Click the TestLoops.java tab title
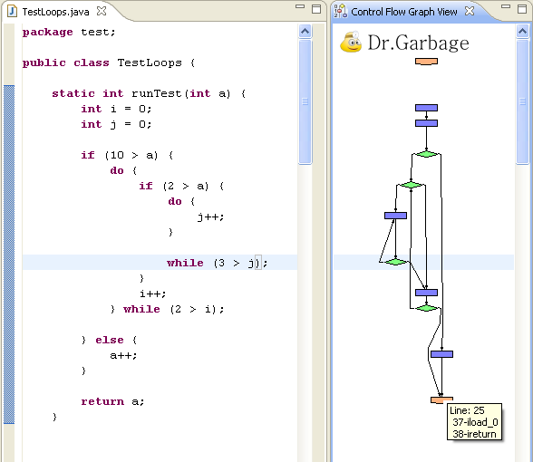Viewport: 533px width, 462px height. coord(56,12)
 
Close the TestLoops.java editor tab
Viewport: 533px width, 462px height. coord(102,11)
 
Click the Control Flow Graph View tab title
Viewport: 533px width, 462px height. coord(404,12)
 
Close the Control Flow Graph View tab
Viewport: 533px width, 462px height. coord(470,11)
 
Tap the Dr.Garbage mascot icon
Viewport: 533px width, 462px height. coord(351,42)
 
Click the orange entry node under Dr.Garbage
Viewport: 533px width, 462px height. coord(426,62)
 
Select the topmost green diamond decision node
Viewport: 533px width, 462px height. coord(426,154)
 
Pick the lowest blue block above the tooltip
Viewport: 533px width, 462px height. coord(441,354)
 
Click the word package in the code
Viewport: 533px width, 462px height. coord(47,33)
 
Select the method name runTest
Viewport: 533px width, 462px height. coord(157,93)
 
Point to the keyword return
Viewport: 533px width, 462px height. coord(102,401)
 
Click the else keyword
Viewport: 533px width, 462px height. coord(110,340)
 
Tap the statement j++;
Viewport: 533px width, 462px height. coord(210,217)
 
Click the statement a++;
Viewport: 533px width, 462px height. coord(123,355)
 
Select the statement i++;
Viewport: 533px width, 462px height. coord(152,294)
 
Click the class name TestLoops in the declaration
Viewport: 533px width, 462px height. coord(150,63)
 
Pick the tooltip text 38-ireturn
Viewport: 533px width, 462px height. coord(474,434)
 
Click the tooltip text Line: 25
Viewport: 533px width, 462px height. coord(467,410)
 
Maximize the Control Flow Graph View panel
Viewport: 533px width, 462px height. coord(522,9)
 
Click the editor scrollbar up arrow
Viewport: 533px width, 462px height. coord(305,32)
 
